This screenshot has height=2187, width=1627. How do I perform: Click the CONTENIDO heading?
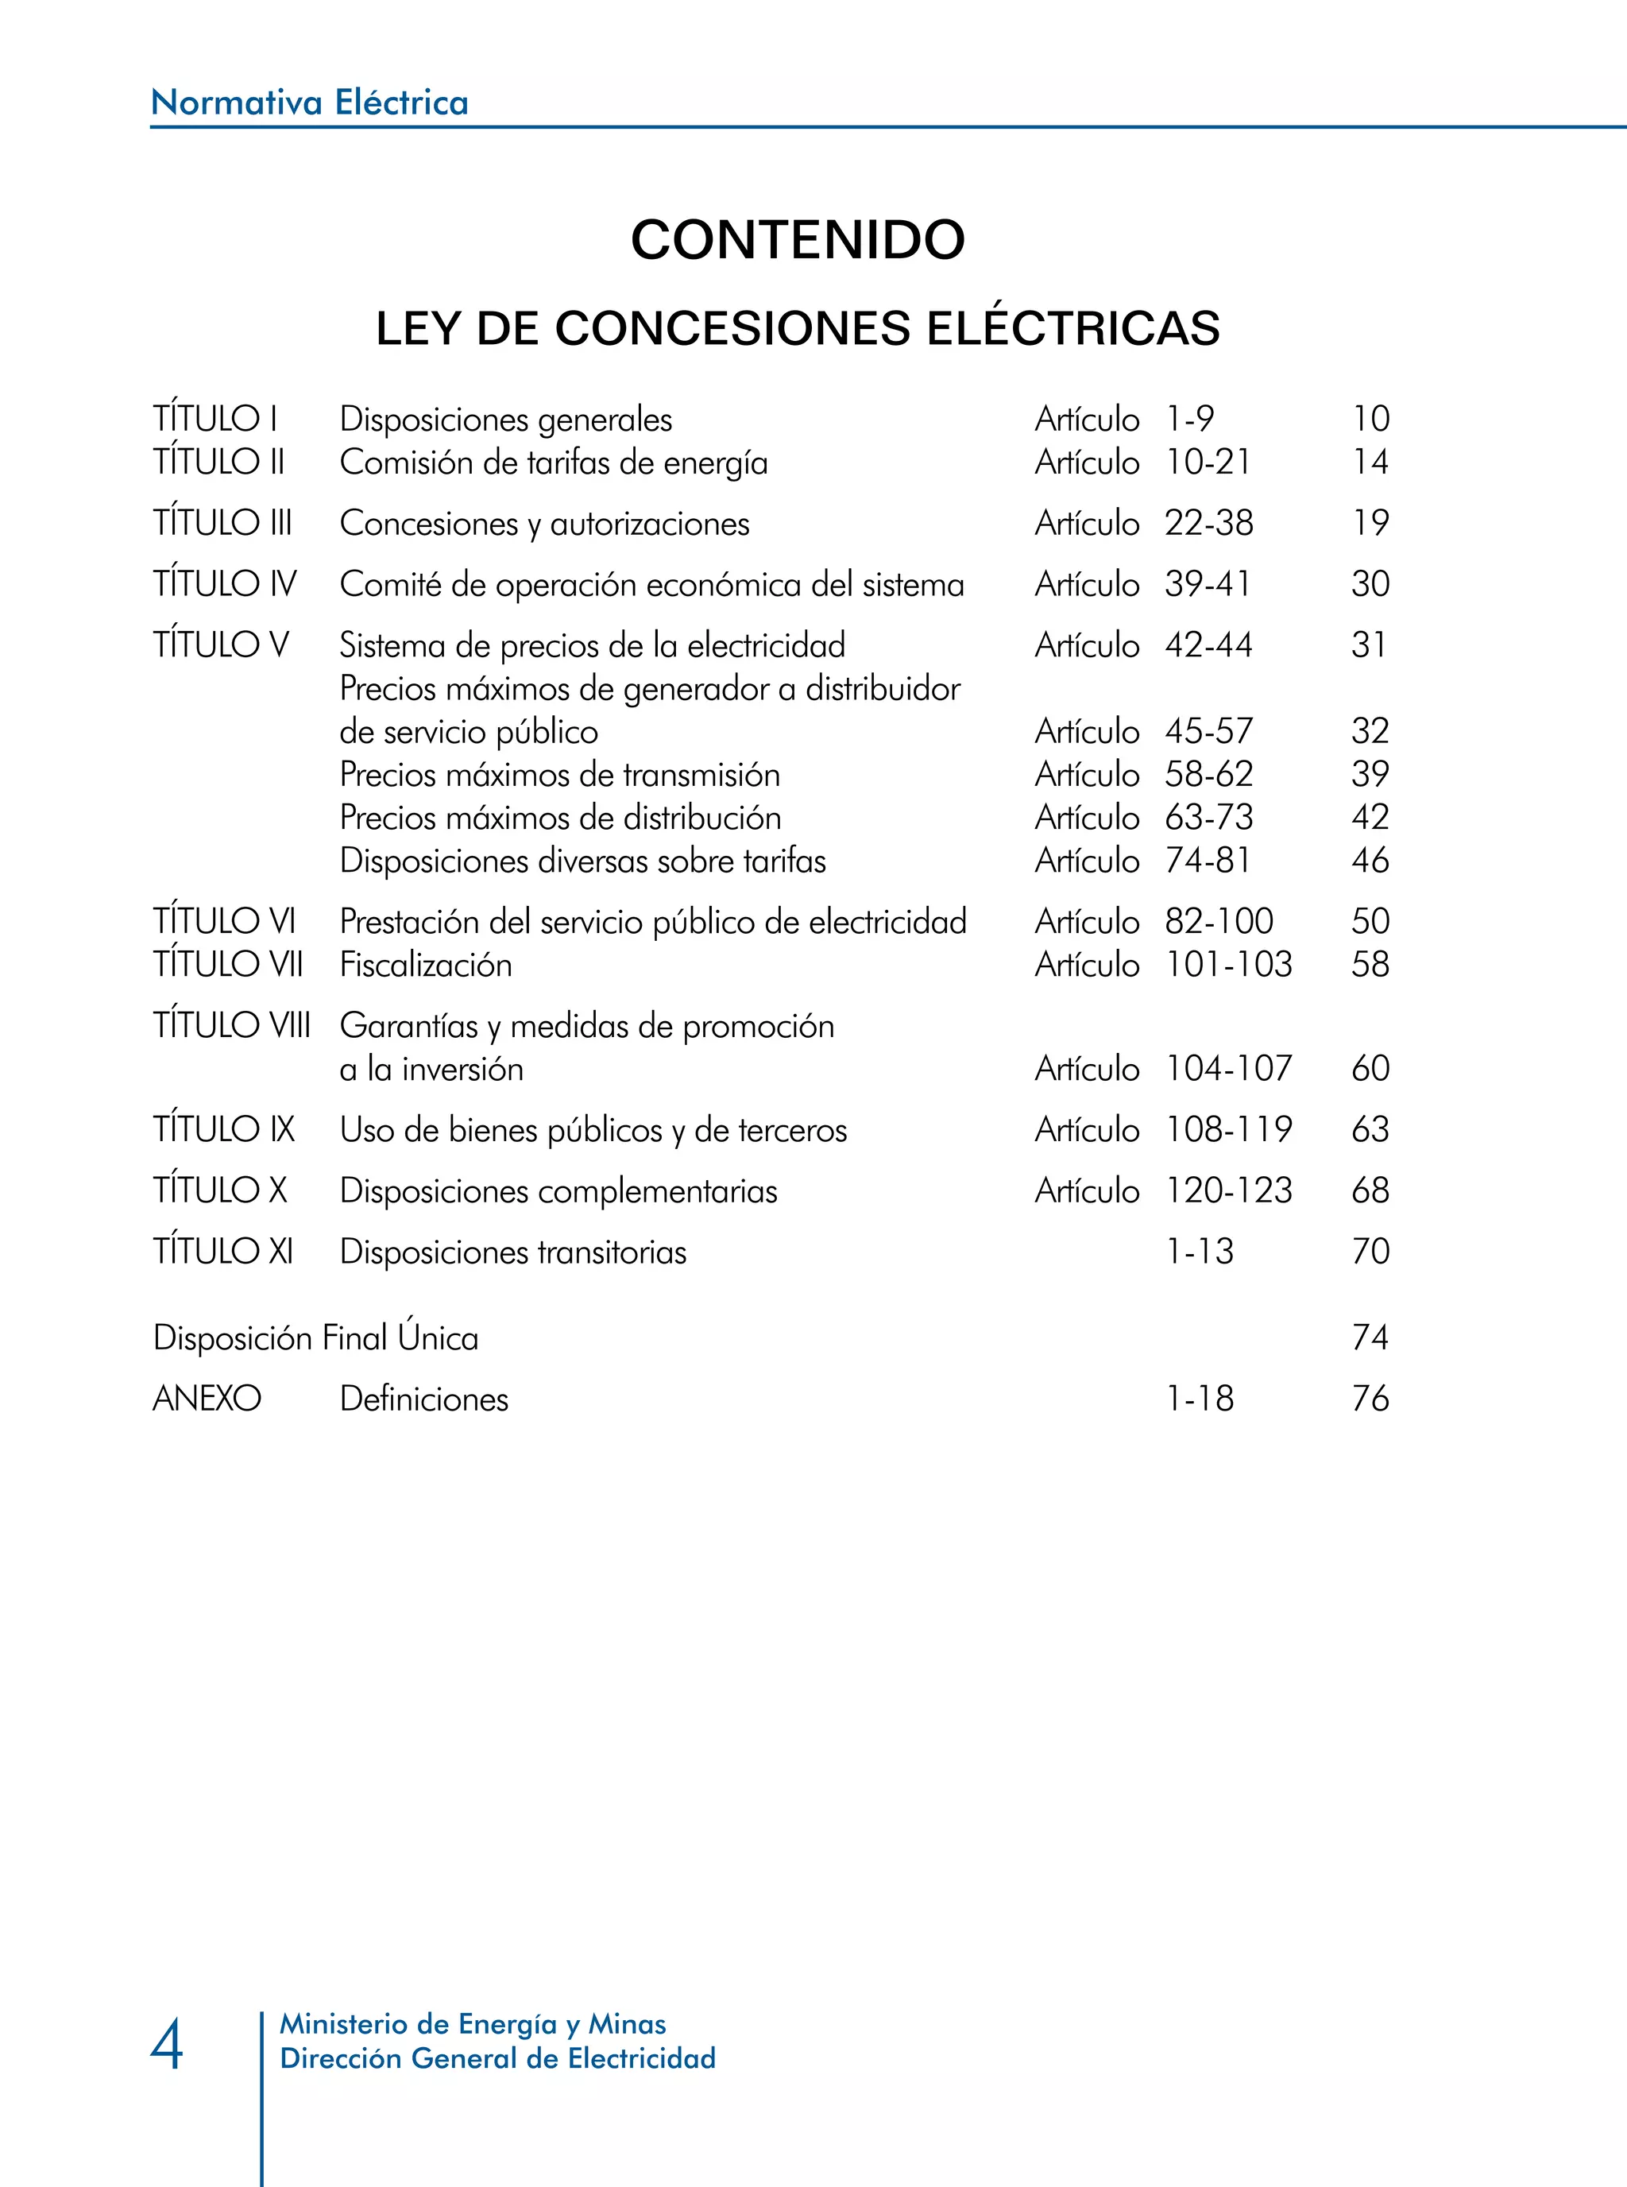(x=798, y=239)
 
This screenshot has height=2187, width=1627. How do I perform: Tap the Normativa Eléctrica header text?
(x=309, y=103)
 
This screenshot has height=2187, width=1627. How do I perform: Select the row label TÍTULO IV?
(x=225, y=584)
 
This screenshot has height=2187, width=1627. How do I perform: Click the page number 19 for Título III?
(x=1370, y=523)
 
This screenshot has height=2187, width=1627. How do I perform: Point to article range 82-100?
(x=1219, y=921)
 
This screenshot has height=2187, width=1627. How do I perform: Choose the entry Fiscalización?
(x=426, y=965)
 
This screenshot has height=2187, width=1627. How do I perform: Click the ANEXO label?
(x=207, y=1399)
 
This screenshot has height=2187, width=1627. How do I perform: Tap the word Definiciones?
(x=424, y=1399)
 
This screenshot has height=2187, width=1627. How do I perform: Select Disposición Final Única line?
(x=316, y=1337)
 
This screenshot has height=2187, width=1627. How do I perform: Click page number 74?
(x=1370, y=1337)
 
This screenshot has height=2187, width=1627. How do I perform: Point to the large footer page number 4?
(x=167, y=2044)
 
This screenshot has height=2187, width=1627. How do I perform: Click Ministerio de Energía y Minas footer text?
(x=473, y=2024)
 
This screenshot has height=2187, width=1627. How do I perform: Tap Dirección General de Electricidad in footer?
(x=497, y=2059)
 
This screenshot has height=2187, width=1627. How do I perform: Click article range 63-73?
(x=1209, y=818)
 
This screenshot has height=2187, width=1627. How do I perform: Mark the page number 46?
(x=1370, y=861)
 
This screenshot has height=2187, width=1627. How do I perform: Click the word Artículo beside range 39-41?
(x=1086, y=584)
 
